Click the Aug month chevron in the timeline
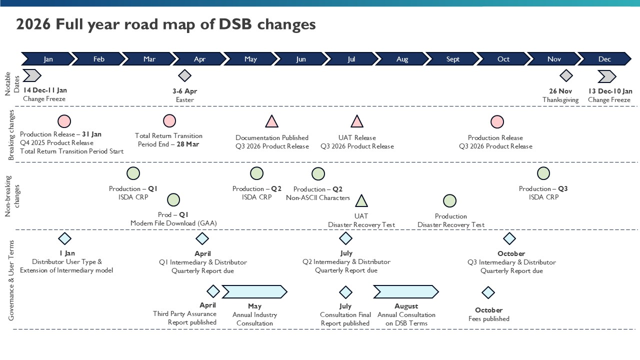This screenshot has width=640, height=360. (x=402, y=59)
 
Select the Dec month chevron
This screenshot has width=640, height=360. (x=604, y=59)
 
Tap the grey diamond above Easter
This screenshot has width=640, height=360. (x=185, y=76)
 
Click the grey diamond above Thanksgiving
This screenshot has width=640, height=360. (x=566, y=76)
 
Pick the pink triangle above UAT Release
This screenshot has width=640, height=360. (x=356, y=122)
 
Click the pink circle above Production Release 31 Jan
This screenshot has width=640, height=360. (x=64, y=121)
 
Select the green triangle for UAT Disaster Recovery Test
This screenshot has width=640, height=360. (x=361, y=201)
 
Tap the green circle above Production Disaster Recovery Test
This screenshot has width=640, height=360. (x=449, y=201)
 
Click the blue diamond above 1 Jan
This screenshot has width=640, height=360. (x=64, y=238)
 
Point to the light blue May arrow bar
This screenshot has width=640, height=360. (x=254, y=291)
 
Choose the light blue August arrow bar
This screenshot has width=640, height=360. (x=405, y=291)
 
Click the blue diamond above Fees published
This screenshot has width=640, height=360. (x=488, y=292)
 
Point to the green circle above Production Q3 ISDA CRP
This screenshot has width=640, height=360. (x=543, y=173)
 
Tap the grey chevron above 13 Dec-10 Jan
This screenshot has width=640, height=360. (x=607, y=76)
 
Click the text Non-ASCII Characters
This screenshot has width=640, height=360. (x=318, y=197)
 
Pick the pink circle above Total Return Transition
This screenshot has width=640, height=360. (x=169, y=121)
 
